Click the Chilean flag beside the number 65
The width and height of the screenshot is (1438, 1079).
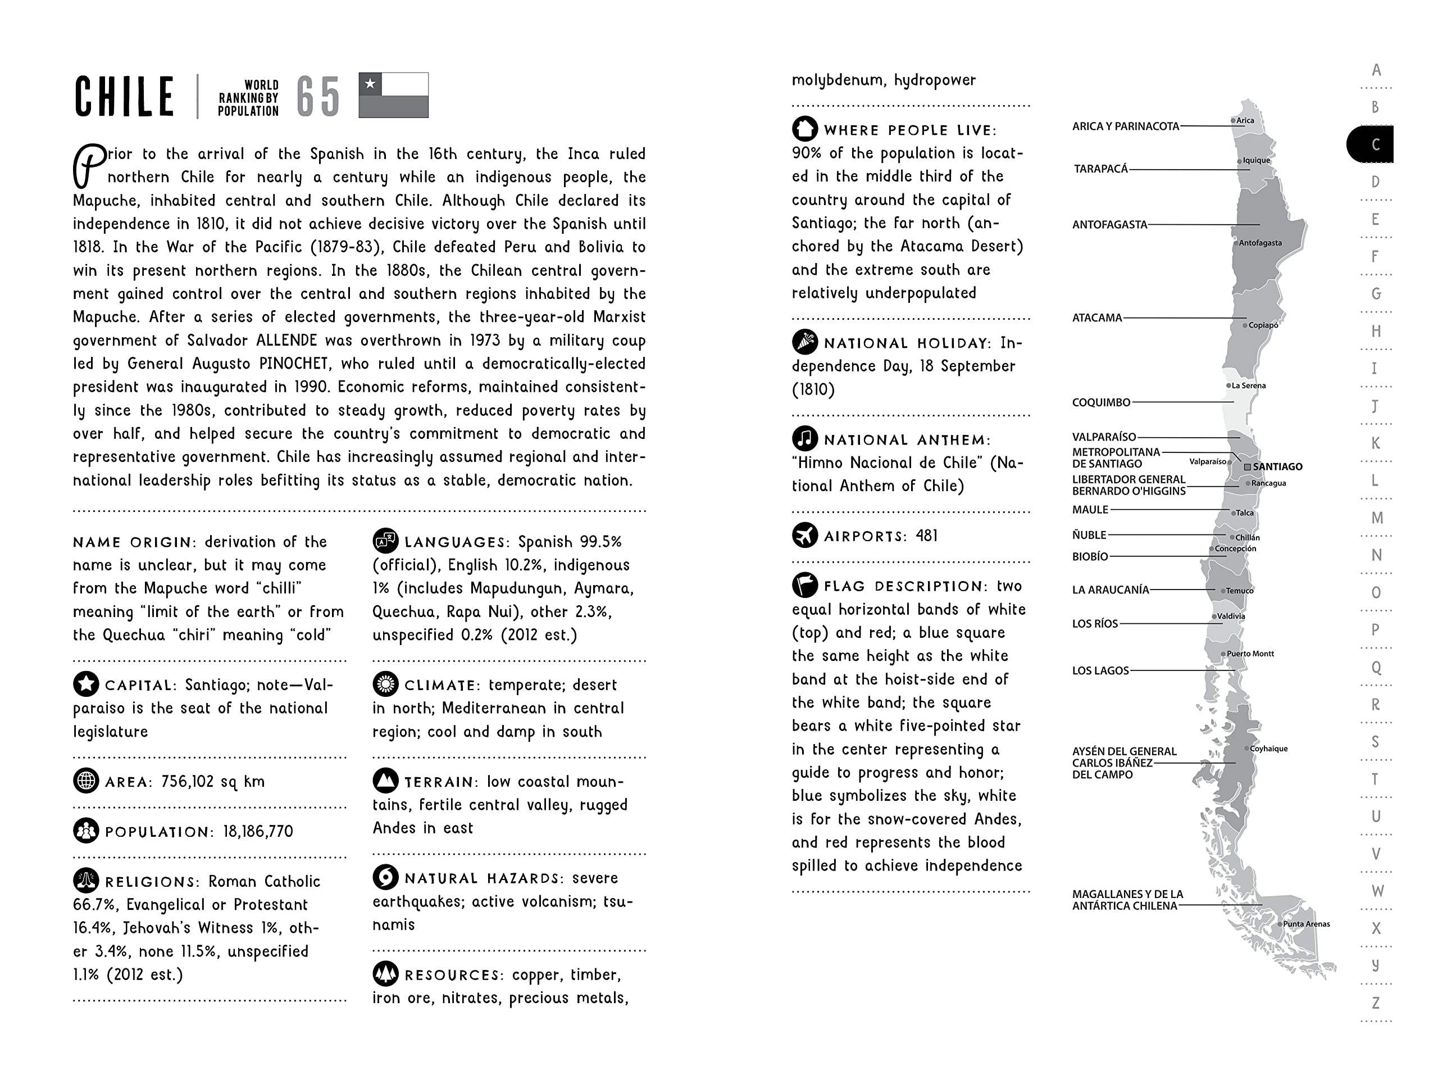tap(393, 95)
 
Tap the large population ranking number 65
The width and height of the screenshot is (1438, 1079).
tap(318, 97)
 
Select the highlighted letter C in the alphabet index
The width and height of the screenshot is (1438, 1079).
tap(1375, 144)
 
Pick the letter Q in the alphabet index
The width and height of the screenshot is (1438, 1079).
tap(1376, 667)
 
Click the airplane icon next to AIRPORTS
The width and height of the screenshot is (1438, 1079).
tap(805, 535)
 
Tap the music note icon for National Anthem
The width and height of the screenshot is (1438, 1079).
tap(805, 438)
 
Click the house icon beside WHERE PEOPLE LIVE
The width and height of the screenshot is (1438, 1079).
tap(805, 129)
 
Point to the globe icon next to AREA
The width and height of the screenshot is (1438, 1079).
tap(86, 781)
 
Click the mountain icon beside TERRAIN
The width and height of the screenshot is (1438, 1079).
tap(385, 781)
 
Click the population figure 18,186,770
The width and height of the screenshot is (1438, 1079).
tap(258, 831)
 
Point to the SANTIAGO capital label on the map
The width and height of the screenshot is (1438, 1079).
tap(1277, 466)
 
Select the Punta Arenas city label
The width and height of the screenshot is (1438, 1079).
tap(1306, 923)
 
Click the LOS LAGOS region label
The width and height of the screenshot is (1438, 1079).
tap(1100, 670)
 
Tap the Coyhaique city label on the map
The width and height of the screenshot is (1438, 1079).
tap(1268, 749)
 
